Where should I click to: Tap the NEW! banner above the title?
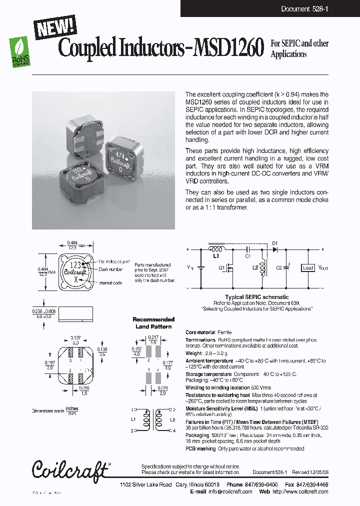tap(55, 26)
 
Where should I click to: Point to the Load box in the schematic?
tap(308, 268)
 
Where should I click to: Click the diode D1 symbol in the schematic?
tap(274, 248)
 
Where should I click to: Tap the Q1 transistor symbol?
tap(229, 268)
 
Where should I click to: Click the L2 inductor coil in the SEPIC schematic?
tap(264, 267)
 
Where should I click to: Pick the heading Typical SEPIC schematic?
tap(255, 297)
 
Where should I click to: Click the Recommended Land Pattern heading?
tap(153, 323)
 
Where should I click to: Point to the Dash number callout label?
tap(110, 269)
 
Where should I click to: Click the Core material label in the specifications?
tap(200, 332)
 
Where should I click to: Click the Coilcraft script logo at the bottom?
tap(70, 470)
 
